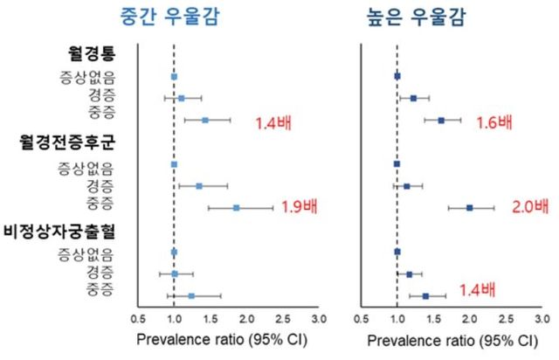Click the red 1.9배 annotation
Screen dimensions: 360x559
pyautogui.click(x=300, y=208)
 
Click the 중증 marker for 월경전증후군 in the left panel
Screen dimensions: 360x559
pyautogui.click(x=236, y=208)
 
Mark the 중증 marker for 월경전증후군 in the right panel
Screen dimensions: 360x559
pyautogui.click(x=469, y=208)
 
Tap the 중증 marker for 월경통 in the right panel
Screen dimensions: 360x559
pyautogui.click(x=440, y=121)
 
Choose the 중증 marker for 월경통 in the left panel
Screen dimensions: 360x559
pyautogui.click(x=204, y=120)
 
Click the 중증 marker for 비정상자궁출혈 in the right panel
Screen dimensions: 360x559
pyautogui.click(x=425, y=295)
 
